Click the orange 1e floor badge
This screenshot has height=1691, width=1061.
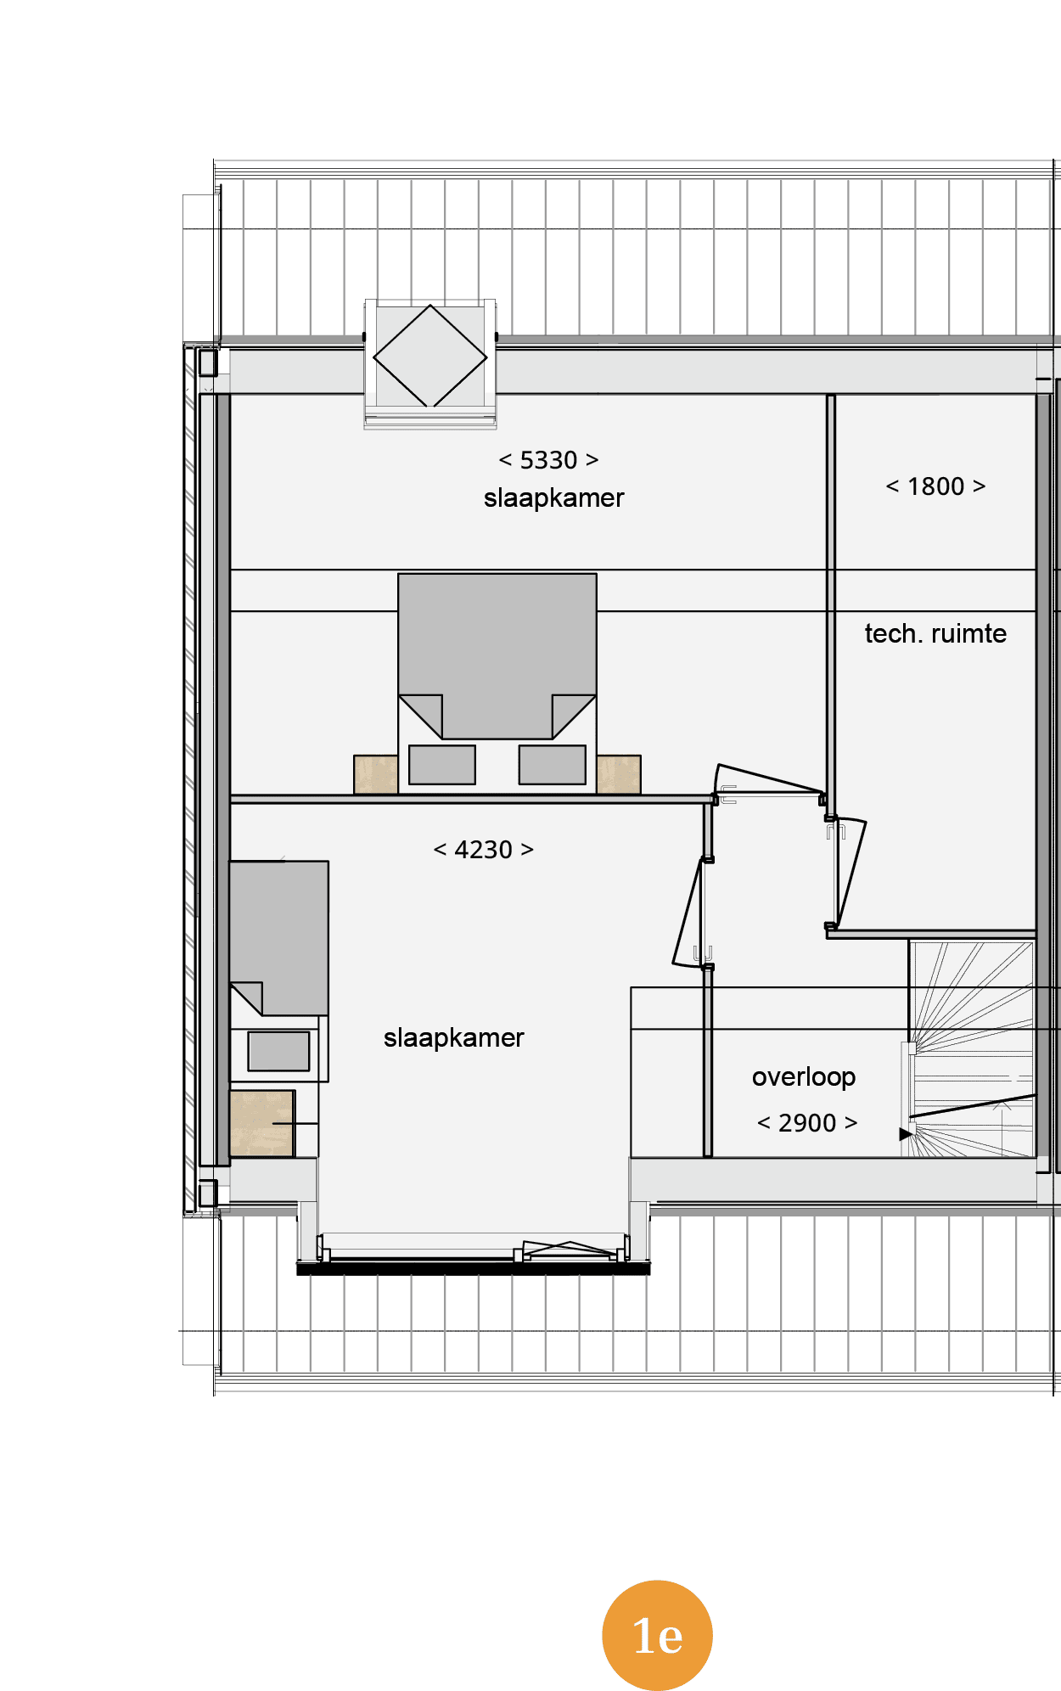(x=657, y=1635)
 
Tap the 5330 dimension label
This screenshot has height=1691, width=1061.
(x=548, y=460)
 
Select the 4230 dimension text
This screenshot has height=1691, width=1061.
(x=483, y=850)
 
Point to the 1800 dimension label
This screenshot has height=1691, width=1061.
(x=935, y=486)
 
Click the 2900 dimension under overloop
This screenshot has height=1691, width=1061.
(x=807, y=1123)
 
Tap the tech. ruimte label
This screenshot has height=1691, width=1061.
(x=935, y=633)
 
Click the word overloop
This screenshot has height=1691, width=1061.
(x=804, y=1077)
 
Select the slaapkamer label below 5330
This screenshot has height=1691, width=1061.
(x=553, y=498)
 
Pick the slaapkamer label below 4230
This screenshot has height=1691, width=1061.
(x=453, y=1038)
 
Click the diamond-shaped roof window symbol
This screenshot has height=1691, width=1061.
(x=430, y=356)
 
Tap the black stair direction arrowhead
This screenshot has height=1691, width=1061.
(x=907, y=1133)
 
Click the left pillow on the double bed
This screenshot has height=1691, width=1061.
(x=442, y=765)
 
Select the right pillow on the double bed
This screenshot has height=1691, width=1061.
(x=553, y=765)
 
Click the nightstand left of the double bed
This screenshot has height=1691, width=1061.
(x=376, y=774)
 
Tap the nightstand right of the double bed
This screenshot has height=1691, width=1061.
(x=619, y=774)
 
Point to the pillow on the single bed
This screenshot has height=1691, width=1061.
(x=278, y=1051)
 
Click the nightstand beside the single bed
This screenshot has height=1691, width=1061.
(x=262, y=1123)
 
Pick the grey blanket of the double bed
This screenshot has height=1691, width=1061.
(x=497, y=655)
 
